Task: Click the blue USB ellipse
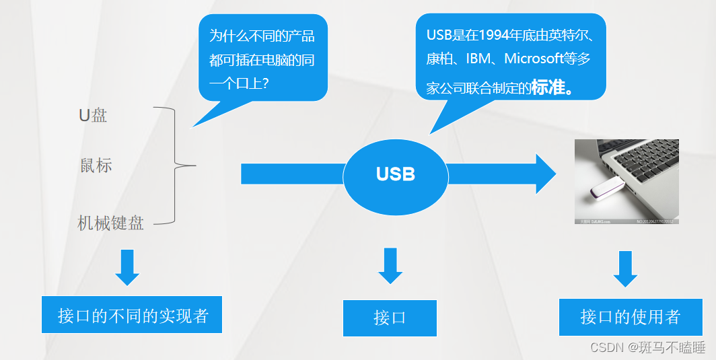tap(396, 174)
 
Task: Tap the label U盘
tap(93, 115)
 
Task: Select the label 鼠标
tap(96, 166)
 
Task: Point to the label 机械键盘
tap(110, 223)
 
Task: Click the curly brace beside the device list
tap(176, 165)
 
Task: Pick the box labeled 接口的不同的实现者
tap(132, 315)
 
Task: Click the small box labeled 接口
tap(390, 318)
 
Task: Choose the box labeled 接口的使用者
tap(630, 317)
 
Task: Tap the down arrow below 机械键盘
tap(127, 268)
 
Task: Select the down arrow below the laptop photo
tap(625, 268)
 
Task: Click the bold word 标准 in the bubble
tap(547, 87)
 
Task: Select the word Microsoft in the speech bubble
tap(533, 59)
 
